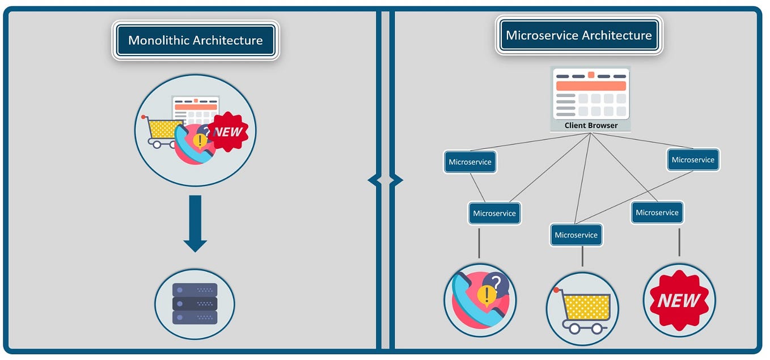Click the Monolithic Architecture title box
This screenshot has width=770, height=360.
point(195,41)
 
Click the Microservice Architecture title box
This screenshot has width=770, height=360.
point(578,35)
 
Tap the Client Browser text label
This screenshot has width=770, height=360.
point(591,125)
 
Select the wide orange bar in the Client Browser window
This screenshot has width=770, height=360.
point(591,86)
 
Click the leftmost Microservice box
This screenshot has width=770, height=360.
point(470,162)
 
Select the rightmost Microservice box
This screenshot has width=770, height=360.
point(692,160)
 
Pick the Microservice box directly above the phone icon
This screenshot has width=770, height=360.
point(494,214)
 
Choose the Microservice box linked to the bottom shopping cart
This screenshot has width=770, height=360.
point(576,235)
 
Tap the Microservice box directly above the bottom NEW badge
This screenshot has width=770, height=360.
point(657,213)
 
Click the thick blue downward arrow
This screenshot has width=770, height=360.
point(195,223)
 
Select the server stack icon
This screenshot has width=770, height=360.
point(194,303)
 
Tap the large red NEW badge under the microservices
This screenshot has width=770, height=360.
point(679,300)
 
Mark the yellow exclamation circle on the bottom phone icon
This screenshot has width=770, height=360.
point(485,294)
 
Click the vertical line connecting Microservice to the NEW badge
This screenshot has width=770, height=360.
point(679,242)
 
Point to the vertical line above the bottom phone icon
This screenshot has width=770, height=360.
point(479,243)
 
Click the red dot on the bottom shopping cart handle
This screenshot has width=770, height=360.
point(557,290)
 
